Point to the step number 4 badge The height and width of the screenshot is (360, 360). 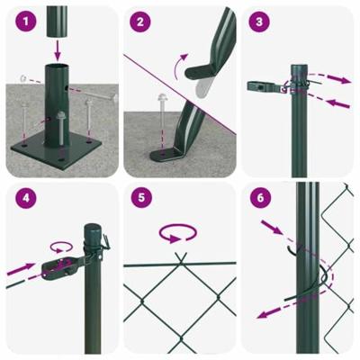23,198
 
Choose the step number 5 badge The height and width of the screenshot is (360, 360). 139,198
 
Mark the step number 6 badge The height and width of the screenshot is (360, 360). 258,198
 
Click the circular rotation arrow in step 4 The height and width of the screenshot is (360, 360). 61,245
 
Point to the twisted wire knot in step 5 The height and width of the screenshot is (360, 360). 179,261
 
